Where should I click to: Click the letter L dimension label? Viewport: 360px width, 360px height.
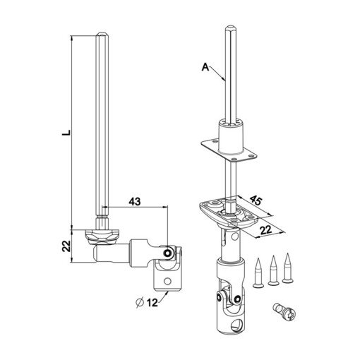65,131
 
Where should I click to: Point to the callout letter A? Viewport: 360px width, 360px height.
205,67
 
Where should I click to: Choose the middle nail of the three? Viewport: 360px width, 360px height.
272,270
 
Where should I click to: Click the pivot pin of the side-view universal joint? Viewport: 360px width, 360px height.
168,253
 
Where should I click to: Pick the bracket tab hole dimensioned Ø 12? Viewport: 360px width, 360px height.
169,280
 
